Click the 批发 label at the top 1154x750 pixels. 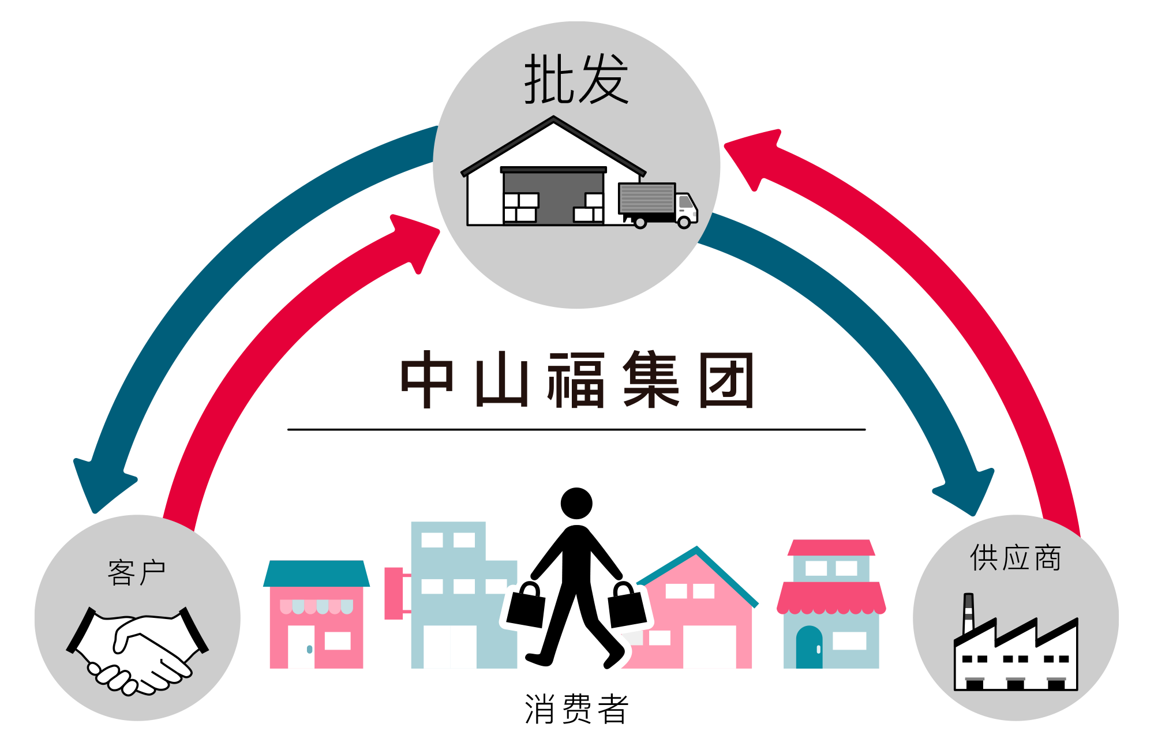pyautogui.click(x=576, y=79)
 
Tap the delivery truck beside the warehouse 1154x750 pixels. pyautogui.click(x=658, y=205)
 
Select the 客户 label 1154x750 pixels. pyautogui.click(x=137, y=572)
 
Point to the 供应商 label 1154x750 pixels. pyautogui.click(x=1016, y=558)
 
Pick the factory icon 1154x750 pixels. pyautogui.click(x=1016, y=642)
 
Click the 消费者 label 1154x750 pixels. pyautogui.click(x=576, y=708)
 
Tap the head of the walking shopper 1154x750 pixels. pyautogui.click(x=576, y=503)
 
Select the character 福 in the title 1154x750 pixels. pyautogui.click(x=576, y=380)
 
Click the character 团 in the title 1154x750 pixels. pyautogui.click(x=726, y=380)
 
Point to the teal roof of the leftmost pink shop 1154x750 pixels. pyautogui.click(x=316, y=573)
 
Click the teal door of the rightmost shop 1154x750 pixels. pyautogui.click(x=809, y=647)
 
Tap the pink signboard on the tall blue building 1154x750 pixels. pyautogui.click(x=394, y=593)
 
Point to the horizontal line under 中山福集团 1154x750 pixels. pyautogui.click(x=576, y=429)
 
